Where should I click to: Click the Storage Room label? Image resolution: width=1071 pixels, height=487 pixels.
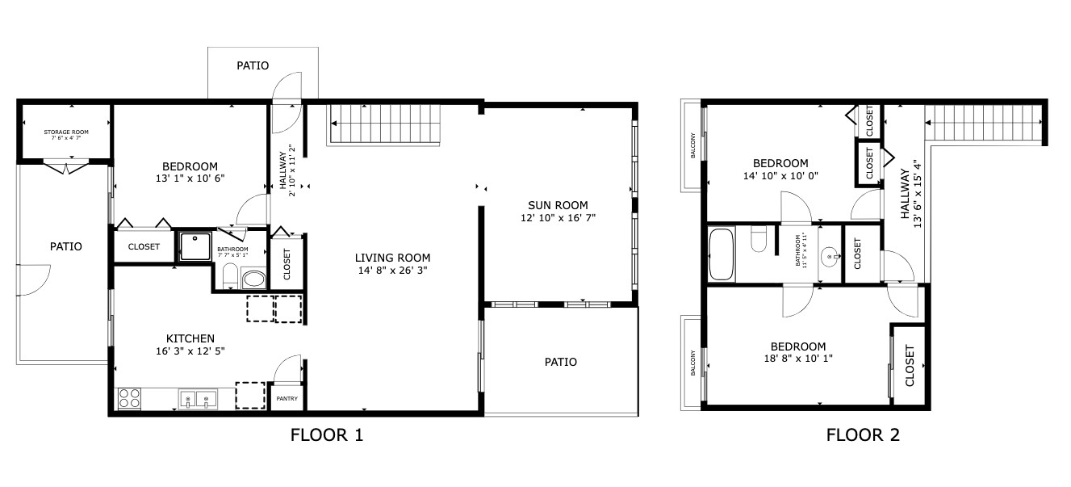pyautogui.click(x=66, y=132)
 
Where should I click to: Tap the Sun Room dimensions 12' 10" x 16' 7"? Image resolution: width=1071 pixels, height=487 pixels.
pyautogui.click(x=558, y=218)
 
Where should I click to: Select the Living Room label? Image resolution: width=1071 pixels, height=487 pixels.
pyautogui.click(x=390, y=258)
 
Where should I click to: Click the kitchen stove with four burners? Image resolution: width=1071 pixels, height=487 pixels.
pyautogui.click(x=130, y=398)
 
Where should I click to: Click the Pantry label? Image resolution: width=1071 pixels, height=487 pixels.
pyautogui.click(x=287, y=398)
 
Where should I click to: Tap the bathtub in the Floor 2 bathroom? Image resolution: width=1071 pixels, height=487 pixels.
pyautogui.click(x=722, y=254)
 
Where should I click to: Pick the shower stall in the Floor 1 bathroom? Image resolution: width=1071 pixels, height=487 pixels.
pyautogui.click(x=195, y=247)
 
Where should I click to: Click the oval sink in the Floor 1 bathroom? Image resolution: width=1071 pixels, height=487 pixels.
pyautogui.click(x=253, y=280)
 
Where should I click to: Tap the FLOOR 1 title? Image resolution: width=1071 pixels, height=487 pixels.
pyautogui.click(x=327, y=436)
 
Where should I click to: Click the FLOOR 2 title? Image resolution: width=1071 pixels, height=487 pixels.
pyautogui.click(x=863, y=436)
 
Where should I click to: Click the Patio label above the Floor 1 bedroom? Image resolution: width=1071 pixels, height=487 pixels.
pyautogui.click(x=253, y=65)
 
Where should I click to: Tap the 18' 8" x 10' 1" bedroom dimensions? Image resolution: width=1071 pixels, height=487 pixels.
pyautogui.click(x=797, y=360)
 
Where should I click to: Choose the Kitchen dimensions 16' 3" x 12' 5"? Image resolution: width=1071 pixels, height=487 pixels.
pyautogui.click(x=190, y=351)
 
